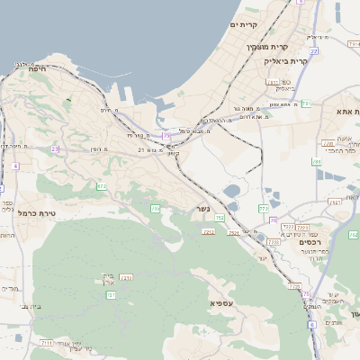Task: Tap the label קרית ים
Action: tap(244, 24)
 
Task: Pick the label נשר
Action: tap(203, 210)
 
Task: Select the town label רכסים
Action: tap(310, 241)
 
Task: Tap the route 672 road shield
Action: tap(102, 186)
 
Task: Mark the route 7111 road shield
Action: tap(47, 343)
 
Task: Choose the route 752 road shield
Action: tap(220, 218)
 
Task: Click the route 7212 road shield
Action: tap(209, 232)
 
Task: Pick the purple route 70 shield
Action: tap(305, 293)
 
